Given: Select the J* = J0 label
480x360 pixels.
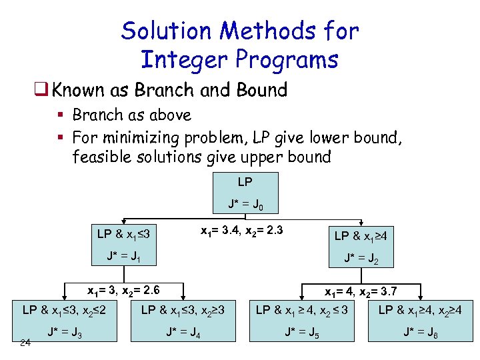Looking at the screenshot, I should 245,204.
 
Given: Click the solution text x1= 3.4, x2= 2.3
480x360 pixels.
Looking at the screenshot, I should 241,231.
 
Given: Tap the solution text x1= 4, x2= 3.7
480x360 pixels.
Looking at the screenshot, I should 361,291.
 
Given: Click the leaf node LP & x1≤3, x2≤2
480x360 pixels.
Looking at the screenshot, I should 65,310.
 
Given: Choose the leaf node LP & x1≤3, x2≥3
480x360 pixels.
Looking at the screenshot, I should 183,310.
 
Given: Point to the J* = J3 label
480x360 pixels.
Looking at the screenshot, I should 64,333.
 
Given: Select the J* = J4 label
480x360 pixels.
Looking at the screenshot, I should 183,333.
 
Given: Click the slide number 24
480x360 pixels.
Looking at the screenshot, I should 25,343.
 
